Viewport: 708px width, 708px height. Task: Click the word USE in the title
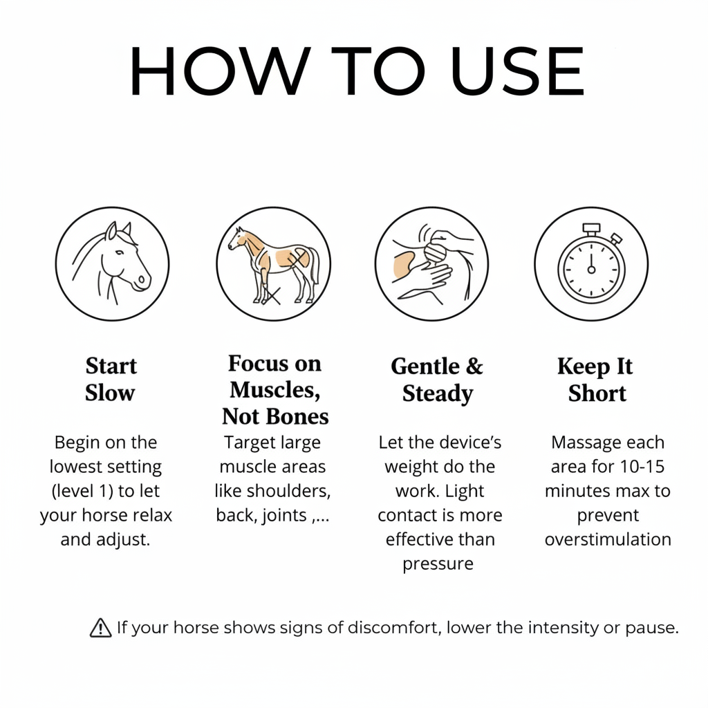517,71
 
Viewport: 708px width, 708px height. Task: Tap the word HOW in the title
220,71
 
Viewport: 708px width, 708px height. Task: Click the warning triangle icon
101,628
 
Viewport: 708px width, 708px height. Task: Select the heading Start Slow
111,380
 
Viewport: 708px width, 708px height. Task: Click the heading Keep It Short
596,380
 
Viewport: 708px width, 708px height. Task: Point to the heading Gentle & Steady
437,380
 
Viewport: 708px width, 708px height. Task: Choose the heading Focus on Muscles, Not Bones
275,390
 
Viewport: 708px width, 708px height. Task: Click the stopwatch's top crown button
591,228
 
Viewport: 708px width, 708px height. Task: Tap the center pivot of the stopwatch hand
591,270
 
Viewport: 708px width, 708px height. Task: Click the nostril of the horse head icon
141,279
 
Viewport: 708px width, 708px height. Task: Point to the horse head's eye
119,252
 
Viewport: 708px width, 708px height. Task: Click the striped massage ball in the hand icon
435,252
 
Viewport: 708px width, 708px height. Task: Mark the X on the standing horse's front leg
271,296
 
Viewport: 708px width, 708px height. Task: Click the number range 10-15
642,467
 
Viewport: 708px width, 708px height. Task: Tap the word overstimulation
608,539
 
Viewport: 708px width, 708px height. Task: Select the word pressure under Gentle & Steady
438,564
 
